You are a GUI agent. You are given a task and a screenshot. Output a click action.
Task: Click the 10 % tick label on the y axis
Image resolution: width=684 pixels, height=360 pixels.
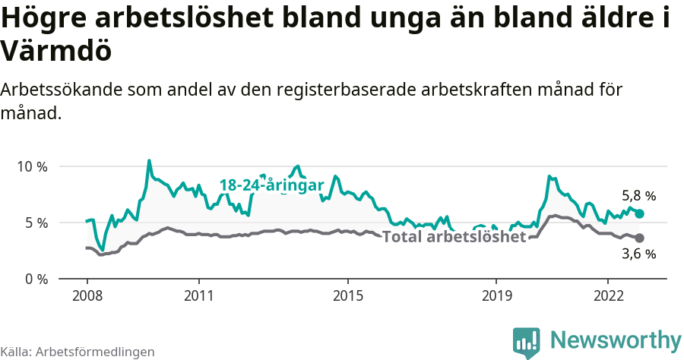click(x=32, y=166)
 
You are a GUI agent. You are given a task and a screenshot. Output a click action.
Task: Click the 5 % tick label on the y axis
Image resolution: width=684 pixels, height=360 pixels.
click(x=36, y=223)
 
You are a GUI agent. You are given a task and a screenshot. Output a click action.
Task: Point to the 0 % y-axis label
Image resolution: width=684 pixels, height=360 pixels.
click(x=36, y=279)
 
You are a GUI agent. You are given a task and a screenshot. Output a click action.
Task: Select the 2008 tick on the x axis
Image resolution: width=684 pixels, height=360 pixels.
click(x=87, y=295)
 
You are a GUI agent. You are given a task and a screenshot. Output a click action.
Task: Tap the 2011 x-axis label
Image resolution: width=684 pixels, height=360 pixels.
click(x=199, y=295)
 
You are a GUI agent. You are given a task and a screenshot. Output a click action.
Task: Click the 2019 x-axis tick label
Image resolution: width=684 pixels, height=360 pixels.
click(x=496, y=295)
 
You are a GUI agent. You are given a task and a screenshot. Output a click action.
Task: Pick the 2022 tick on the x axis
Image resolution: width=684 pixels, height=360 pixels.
click(x=608, y=295)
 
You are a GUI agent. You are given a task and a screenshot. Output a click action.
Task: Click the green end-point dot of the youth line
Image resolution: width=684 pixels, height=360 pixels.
click(x=639, y=214)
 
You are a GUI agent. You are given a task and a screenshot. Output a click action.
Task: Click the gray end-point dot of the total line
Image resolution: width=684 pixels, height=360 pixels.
click(x=639, y=238)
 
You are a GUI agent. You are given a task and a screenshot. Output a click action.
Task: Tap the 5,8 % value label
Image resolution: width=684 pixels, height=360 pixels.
click(x=638, y=196)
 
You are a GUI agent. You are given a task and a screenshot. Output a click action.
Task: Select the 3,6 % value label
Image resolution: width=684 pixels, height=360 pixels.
click(x=638, y=254)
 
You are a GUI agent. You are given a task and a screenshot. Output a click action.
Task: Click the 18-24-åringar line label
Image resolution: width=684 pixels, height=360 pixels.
click(x=271, y=185)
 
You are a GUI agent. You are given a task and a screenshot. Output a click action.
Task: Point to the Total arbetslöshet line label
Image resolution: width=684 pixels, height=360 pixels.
click(x=454, y=237)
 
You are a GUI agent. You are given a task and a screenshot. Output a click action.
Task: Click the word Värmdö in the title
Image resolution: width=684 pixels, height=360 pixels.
click(x=56, y=51)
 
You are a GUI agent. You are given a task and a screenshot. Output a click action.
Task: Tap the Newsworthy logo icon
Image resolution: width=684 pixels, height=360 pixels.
click(x=526, y=342)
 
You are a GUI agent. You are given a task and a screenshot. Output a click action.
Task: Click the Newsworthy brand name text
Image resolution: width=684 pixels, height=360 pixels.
click(x=615, y=339)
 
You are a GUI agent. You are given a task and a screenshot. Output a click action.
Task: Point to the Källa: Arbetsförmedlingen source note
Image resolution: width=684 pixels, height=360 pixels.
click(x=78, y=352)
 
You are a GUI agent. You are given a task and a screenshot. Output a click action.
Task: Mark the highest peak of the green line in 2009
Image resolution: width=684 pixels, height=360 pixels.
click(x=149, y=160)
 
